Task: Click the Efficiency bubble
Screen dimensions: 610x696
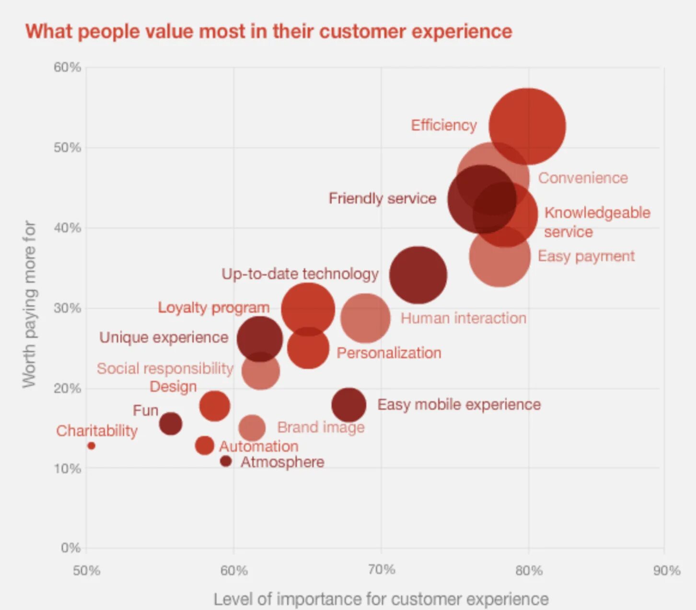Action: [527, 127]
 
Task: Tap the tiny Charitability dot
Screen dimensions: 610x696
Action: [91, 446]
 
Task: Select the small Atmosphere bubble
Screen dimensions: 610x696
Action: [226, 461]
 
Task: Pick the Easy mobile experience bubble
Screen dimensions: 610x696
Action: [348, 405]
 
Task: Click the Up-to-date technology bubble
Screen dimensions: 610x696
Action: [418, 275]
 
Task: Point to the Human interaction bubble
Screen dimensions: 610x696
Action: [365, 318]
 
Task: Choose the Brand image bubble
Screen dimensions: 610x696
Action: [252, 427]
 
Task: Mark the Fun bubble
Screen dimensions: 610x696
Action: [171, 424]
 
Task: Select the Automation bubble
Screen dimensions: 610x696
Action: [205, 445]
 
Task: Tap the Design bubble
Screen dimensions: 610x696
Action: [214, 405]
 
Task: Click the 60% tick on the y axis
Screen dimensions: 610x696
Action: [67, 67]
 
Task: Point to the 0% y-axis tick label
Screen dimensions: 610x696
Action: [70, 548]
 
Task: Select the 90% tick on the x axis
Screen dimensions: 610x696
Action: [666, 570]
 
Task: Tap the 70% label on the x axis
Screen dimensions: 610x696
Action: [382, 570]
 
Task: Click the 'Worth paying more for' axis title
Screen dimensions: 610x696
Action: [29, 304]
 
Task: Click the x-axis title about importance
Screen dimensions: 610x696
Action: [381, 599]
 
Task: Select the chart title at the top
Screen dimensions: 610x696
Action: [269, 32]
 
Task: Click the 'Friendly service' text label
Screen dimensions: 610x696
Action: [382, 198]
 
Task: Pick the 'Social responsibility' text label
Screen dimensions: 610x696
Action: [165, 368]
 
